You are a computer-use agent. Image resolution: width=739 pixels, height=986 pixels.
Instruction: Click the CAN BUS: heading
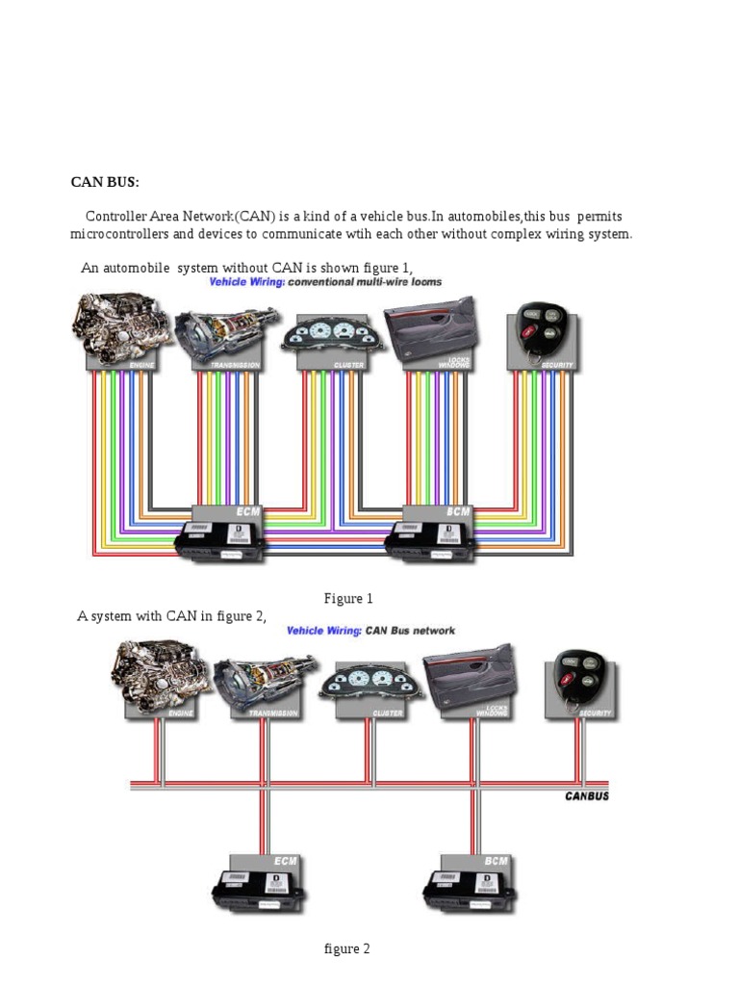click(x=104, y=182)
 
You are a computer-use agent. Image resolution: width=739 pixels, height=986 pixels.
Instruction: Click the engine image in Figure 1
click(x=119, y=328)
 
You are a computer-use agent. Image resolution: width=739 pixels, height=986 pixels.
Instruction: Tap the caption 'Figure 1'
click(x=348, y=599)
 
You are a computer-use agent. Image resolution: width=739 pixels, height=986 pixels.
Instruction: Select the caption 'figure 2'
click(x=346, y=949)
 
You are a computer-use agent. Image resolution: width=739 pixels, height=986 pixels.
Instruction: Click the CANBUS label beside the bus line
click(x=587, y=796)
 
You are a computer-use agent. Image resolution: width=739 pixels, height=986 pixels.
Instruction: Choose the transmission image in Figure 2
click(x=261, y=683)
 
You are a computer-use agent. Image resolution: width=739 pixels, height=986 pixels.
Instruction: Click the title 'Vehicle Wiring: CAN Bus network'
click(x=370, y=631)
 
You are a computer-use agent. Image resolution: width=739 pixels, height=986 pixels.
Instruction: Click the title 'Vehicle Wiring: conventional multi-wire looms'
click(x=325, y=282)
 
